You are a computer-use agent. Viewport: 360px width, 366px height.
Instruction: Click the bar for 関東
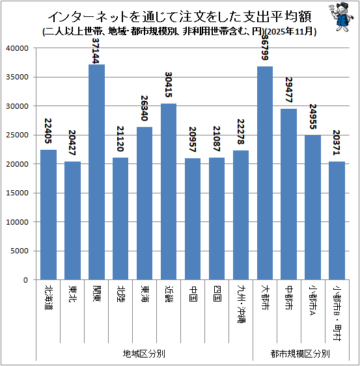(96, 172)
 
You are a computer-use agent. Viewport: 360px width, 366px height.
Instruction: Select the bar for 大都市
(265, 173)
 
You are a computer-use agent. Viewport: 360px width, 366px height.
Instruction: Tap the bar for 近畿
(169, 191)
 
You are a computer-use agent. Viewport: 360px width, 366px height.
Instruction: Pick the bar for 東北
(72, 221)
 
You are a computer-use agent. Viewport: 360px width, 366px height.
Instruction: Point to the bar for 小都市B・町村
(337, 221)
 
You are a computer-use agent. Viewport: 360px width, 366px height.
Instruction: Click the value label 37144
(96, 51)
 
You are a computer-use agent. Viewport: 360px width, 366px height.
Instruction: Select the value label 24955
(312, 117)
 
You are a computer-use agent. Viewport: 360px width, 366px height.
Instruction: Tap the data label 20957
(192, 139)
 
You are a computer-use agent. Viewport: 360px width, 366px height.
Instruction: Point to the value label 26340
(145, 108)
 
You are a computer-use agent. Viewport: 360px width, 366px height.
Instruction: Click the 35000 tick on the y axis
(17, 77)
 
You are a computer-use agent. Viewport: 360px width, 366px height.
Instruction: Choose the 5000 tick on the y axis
(20, 251)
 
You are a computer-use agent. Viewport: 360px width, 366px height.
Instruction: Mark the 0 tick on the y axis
(25, 280)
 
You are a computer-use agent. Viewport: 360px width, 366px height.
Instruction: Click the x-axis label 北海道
(49, 297)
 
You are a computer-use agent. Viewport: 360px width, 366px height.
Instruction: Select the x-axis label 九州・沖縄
(241, 303)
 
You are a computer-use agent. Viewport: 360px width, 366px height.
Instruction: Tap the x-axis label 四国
(217, 293)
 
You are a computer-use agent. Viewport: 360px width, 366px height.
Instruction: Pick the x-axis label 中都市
(289, 297)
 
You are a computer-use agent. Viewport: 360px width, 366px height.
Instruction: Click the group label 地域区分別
(144, 354)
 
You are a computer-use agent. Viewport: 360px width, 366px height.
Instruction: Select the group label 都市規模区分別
(300, 354)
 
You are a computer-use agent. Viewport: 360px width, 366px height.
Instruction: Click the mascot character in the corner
(341, 17)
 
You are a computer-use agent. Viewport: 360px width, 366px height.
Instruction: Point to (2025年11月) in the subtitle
(291, 31)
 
